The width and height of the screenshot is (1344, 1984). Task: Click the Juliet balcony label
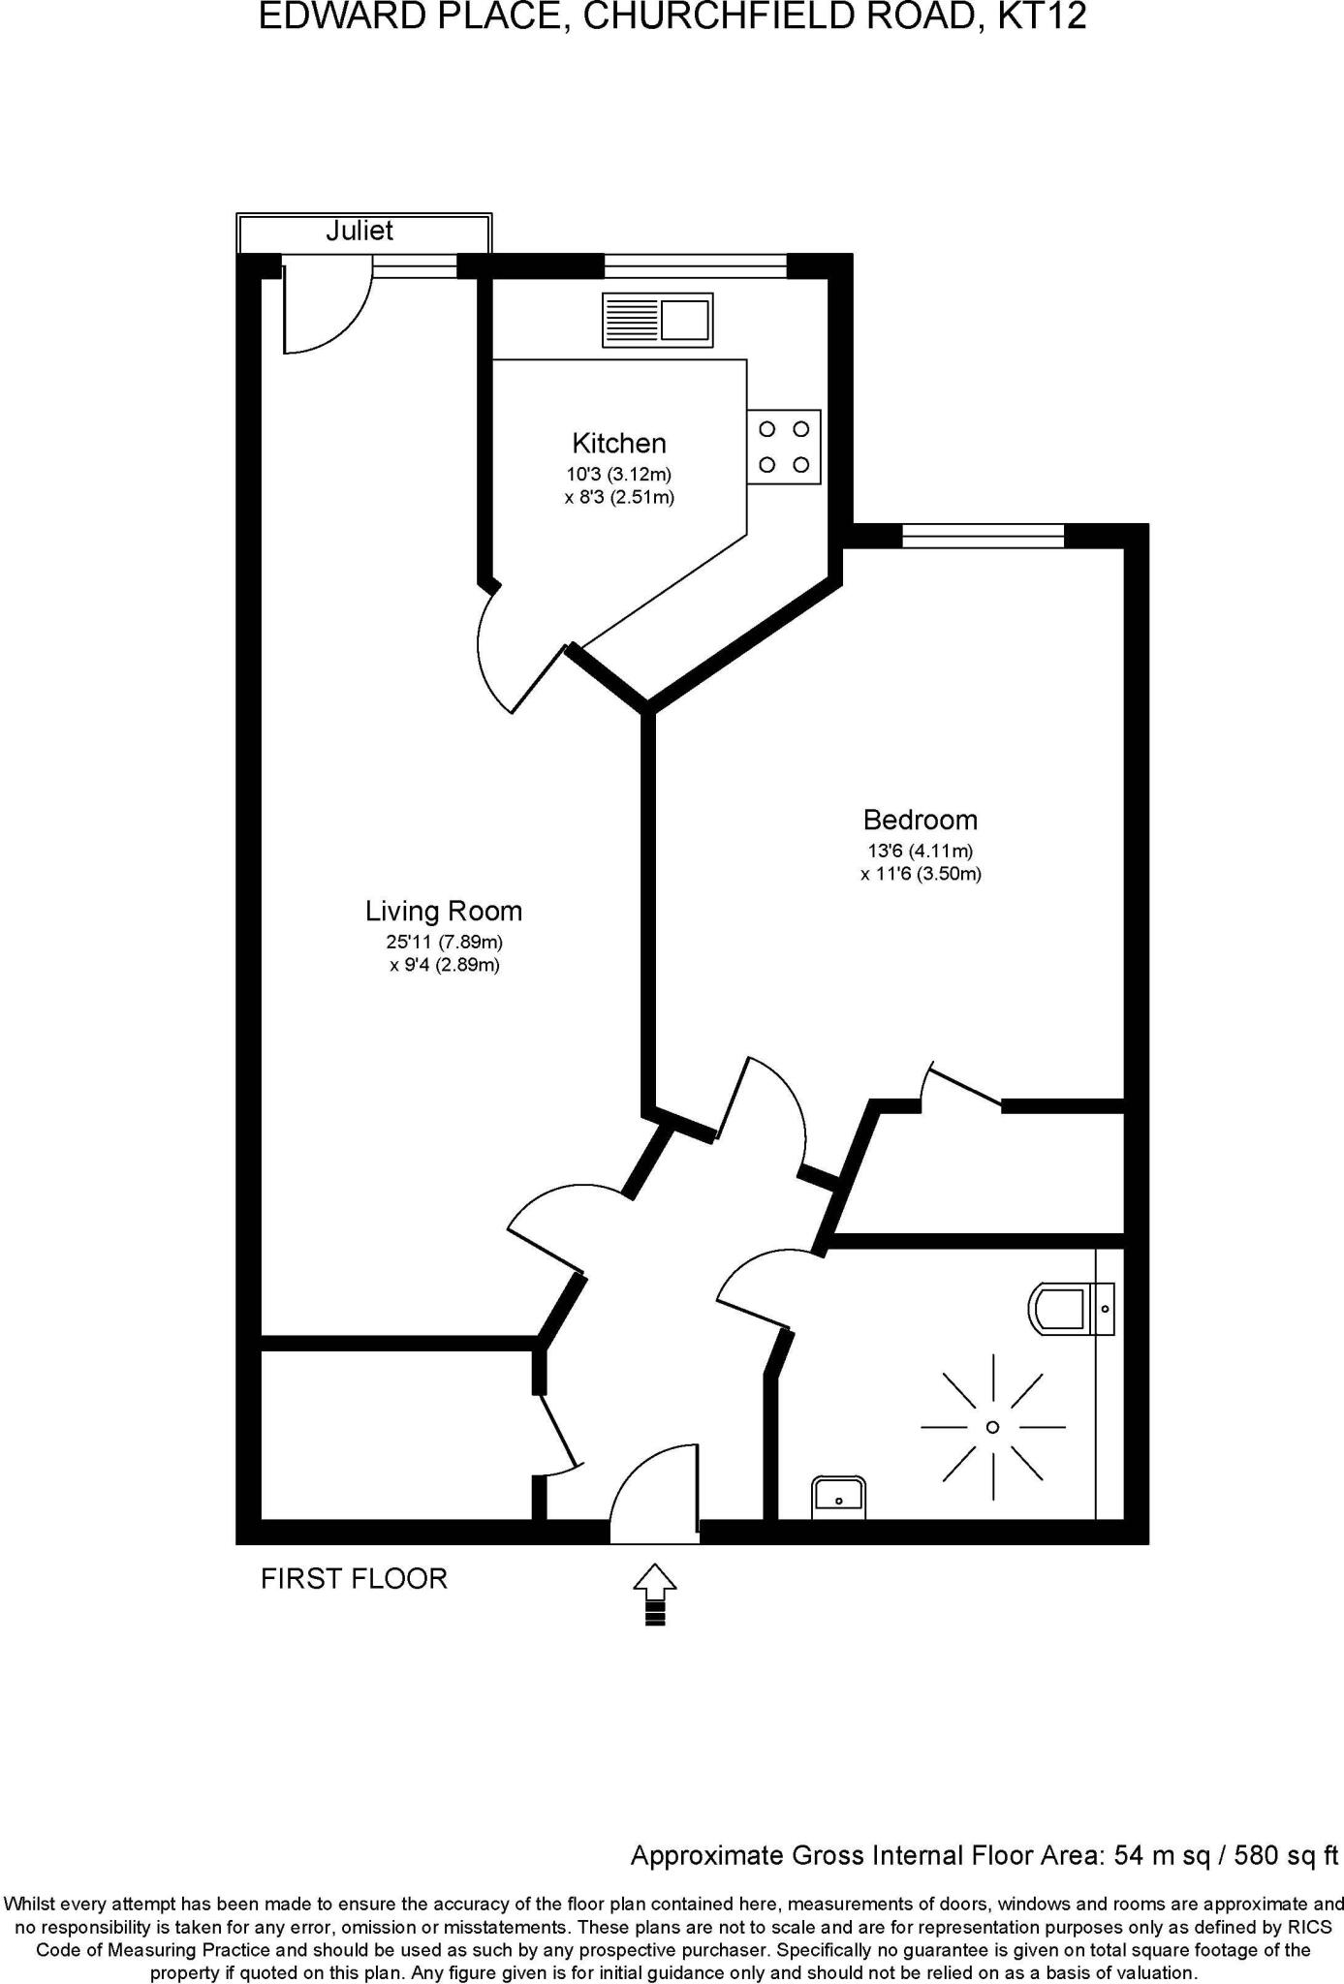[359, 231]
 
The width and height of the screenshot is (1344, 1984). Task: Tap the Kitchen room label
[619, 444]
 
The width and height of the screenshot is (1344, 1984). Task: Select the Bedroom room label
[920, 821]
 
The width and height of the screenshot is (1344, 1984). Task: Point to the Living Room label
[444, 912]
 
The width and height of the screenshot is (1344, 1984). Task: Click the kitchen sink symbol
[658, 321]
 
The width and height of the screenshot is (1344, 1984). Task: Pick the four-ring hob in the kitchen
[784, 447]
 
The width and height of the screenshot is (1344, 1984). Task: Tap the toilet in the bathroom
[1061, 1308]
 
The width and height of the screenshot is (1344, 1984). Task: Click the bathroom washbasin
[839, 1497]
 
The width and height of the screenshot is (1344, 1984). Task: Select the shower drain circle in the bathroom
[992, 1427]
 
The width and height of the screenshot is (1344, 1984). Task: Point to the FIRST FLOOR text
[354, 1579]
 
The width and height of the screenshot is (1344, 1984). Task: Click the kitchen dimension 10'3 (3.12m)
[619, 475]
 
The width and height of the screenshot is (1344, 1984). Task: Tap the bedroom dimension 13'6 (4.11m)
[920, 852]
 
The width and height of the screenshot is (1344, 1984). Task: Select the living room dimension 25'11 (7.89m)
[444, 942]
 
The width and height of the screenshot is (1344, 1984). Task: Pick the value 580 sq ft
[1281, 1855]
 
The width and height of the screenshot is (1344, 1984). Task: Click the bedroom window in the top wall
[983, 536]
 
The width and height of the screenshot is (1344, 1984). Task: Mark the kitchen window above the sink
[695, 265]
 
